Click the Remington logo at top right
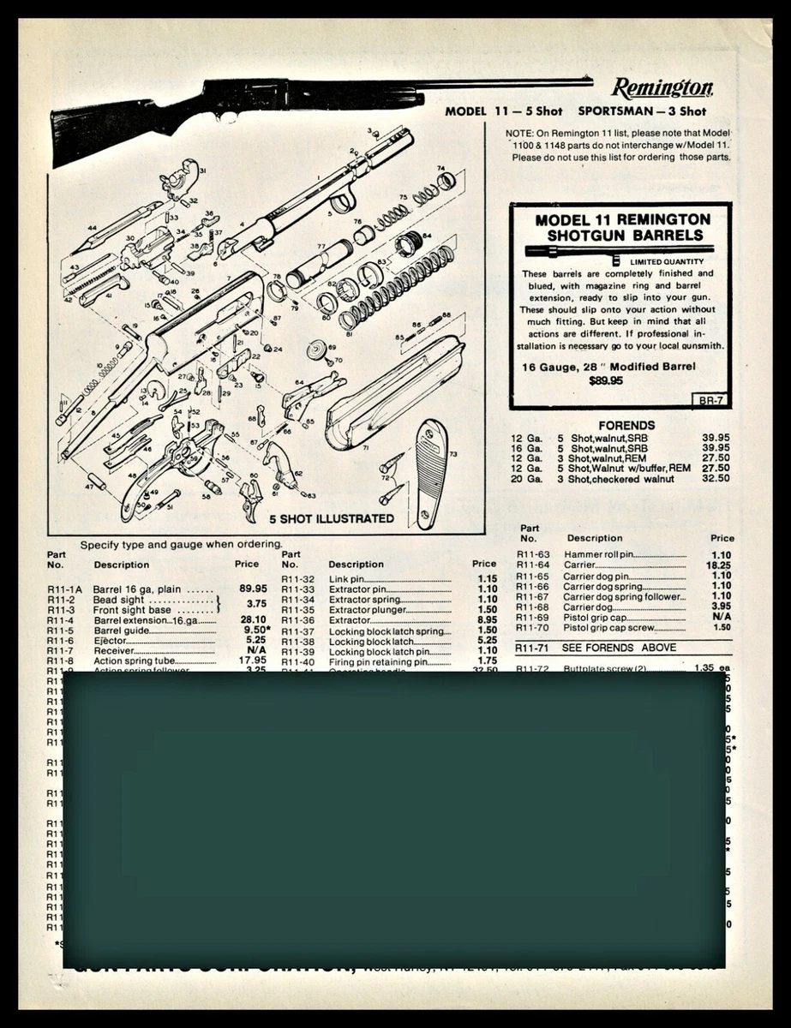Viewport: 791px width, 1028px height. tap(662, 88)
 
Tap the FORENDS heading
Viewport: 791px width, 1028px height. tap(626, 425)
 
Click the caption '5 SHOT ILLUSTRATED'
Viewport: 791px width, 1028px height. tap(332, 518)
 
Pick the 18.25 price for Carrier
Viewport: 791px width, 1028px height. tap(721, 565)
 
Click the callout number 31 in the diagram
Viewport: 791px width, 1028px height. tap(203, 171)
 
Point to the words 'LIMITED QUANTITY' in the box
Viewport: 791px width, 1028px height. tap(667, 261)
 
